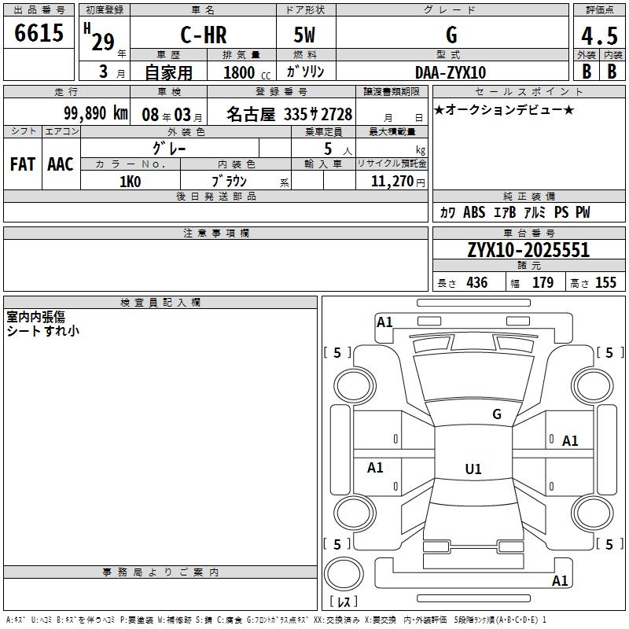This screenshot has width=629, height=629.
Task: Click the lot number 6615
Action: [x=39, y=33]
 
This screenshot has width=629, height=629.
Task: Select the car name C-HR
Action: [x=204, y=35]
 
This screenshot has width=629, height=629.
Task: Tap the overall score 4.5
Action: [x=599, y=36]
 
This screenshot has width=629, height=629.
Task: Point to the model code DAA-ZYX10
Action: [x=451, y=72]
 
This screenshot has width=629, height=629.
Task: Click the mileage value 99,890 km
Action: [x=96, y=113]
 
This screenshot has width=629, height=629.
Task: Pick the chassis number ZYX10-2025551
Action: [x=528, y=250]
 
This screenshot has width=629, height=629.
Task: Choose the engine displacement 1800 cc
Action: [x=247, y=72]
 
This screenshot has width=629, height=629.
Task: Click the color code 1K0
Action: [x=131, y=182]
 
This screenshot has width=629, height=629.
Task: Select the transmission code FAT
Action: [x=23, y=164]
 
